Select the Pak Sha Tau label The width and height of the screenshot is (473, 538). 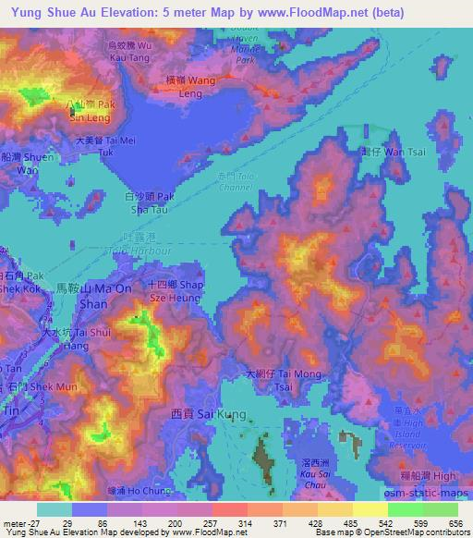pyautogui.click(x=150, y=202)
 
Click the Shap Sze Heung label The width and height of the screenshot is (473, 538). pyautogui.click(x=171, y=289)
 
